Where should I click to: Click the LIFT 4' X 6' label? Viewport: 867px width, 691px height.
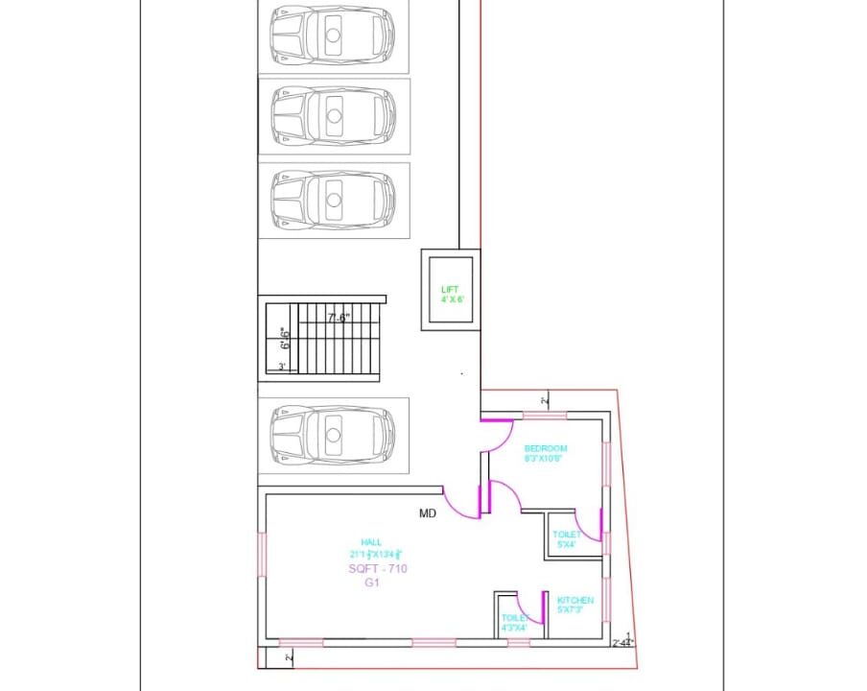coord(451,294)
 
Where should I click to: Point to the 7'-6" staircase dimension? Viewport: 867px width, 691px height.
coord(339,318)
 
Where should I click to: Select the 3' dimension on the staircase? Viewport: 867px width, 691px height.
coord(281,367)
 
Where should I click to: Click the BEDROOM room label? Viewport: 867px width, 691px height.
coord(546,453)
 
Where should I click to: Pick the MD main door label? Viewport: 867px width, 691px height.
coord(428,513)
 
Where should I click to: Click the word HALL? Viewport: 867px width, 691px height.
coord(371,541)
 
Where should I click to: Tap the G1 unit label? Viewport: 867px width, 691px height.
coord(372,583)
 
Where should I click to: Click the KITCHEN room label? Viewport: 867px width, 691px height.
coord(575,605)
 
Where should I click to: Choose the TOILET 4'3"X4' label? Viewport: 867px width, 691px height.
coord(514,624)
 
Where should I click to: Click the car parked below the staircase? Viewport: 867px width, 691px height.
coord(333,435)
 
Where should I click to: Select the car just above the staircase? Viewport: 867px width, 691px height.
coord(333,200)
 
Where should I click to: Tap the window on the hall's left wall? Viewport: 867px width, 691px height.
coord(264,557)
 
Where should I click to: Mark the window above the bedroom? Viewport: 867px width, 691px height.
coord(544,415)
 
